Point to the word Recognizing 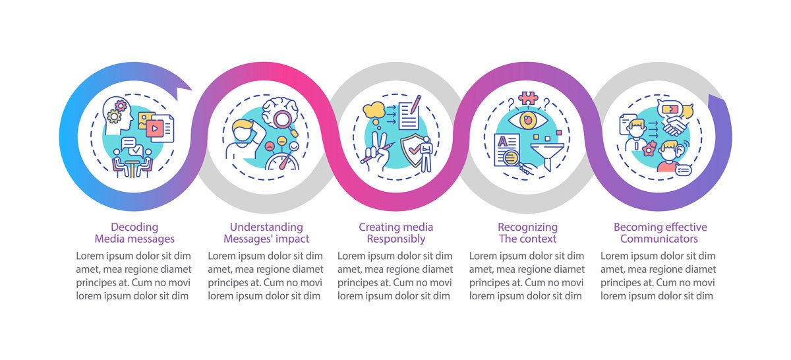pos(527,227)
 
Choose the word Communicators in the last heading pos(659,239)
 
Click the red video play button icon pos(154,129)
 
